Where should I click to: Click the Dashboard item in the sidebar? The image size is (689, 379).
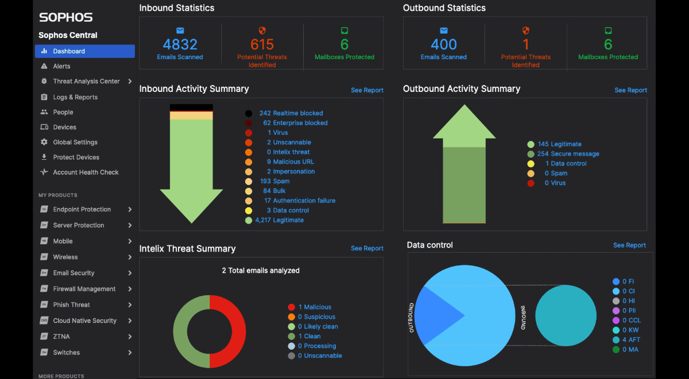click(x=69, y=51)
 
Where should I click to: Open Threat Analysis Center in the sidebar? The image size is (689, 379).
click(x=86, y=82)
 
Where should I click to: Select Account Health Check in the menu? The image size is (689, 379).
click(x=86, y=172)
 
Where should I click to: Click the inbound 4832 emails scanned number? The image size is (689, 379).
click(x=180, y=44)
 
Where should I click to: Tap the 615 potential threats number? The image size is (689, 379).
click(x=262, y=44)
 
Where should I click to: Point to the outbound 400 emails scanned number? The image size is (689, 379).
click(x=444, y=44)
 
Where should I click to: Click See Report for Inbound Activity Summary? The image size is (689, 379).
click(x=367, y=90)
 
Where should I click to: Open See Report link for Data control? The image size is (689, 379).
click(x=629, y=245)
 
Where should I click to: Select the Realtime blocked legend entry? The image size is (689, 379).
click(x=297, y=113)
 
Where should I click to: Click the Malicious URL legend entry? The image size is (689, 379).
click(x=293, y=162)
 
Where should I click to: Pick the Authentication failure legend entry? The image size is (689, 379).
click(x=304, y=200)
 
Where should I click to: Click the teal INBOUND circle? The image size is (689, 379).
click(x=565, y=316)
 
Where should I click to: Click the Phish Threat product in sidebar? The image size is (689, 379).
click(x=71, y=305)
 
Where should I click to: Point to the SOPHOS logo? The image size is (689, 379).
click(x=65, y=18)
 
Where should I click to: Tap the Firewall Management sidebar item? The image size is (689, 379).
click(x=84, y=289)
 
